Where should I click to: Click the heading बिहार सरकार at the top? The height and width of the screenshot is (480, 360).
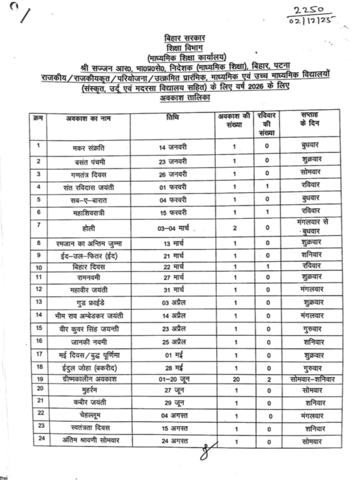point(180,37)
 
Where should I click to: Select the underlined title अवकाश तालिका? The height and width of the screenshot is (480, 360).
point(180,97)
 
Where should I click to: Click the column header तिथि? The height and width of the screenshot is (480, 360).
point(172,116)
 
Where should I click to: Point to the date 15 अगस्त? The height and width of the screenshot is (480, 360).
point(172,428)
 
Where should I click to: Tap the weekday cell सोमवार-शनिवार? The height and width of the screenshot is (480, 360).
point(311,378)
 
